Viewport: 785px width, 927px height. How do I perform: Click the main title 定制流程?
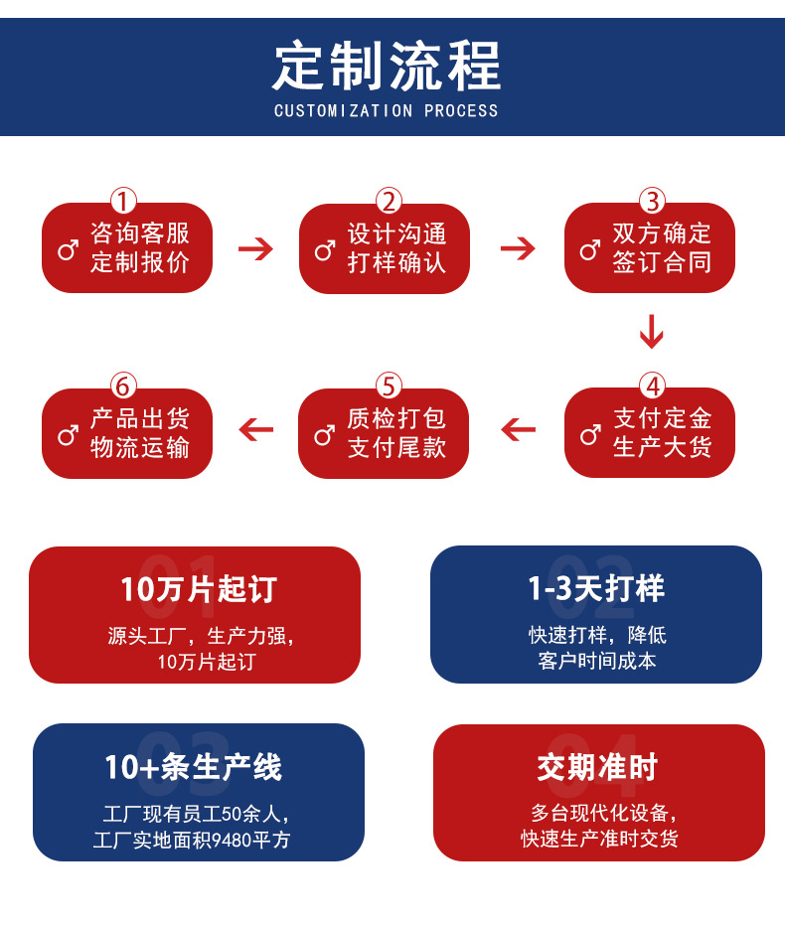387,65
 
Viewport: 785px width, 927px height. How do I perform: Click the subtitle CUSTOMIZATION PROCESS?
387,110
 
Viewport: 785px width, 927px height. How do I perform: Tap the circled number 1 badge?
123,202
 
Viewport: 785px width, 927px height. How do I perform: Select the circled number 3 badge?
652,202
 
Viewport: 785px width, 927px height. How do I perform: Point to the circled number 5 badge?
389,386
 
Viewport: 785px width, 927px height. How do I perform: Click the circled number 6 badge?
123,386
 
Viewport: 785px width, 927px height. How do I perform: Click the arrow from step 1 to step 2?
255,248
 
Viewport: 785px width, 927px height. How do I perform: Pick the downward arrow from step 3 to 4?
651,332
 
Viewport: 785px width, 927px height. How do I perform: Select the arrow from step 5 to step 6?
255,430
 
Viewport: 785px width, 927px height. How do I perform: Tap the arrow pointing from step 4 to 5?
518,430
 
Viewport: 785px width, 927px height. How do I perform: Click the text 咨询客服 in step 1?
140,233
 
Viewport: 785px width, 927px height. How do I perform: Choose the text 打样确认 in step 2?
396,263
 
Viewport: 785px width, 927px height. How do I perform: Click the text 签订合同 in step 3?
662,263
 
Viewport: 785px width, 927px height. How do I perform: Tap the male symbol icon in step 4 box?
590,434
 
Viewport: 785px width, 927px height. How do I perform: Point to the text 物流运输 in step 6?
140,448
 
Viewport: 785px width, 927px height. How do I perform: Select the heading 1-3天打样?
596,588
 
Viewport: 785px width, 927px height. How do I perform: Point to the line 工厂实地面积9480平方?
192,841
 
